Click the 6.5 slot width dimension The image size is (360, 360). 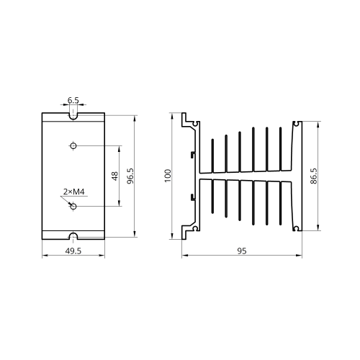pyautogui.click(x=73, y=100)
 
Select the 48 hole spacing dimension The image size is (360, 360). pyautogui.click(x=115, y=176)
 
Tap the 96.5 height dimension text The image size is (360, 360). pyautogui.click(x=130, y=176)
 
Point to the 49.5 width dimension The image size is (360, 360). pyautogui.click(x=73, y=251)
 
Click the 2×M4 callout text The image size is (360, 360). pyautogui.click(x=74, y=192)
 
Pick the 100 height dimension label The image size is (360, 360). pyautogui.click(x=168, y=176)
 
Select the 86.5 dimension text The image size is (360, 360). pyautogui.click(x=314, y=176)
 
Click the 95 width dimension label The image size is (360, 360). pyautogui.click(x=242, y=251)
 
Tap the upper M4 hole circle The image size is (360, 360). pyautogui.click(x=73, y=145)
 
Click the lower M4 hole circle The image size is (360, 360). pyautogui.click(x=73, y=206)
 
